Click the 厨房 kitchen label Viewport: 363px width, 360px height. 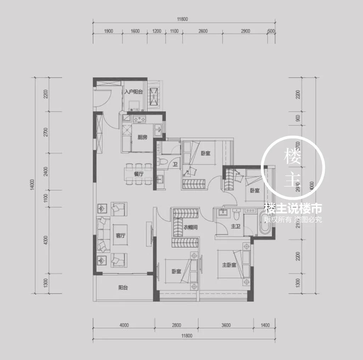pos(142,137)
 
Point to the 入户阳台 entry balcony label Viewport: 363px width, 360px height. pos(133,92)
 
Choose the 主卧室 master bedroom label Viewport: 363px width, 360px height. pos(229,265)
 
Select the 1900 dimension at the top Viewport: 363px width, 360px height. pos(108,31)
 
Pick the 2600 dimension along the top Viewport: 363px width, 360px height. pos(203,31)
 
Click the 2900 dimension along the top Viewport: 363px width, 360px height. pos(245,31)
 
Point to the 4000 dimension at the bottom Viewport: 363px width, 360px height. pos(124,325)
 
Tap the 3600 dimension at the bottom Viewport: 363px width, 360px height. pos(226,325)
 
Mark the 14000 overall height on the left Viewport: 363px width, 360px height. pos(33,184)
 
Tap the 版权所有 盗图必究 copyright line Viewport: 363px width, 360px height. pos(293,220)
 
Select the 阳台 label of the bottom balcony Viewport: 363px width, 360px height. pos(123,288)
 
